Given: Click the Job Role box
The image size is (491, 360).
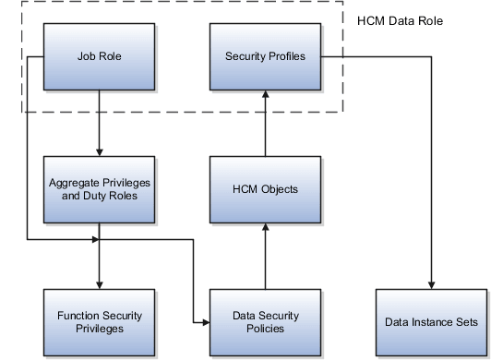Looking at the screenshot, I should pos(99,57).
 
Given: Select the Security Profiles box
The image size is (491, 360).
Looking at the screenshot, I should pos(265,57).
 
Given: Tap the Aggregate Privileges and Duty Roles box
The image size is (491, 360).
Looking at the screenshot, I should pos(99,189).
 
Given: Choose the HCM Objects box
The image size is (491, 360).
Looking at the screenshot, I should pos(265,189).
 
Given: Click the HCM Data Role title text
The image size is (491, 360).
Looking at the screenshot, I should pos(400,19).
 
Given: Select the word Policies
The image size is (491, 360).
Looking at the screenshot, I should pos(265,329).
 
